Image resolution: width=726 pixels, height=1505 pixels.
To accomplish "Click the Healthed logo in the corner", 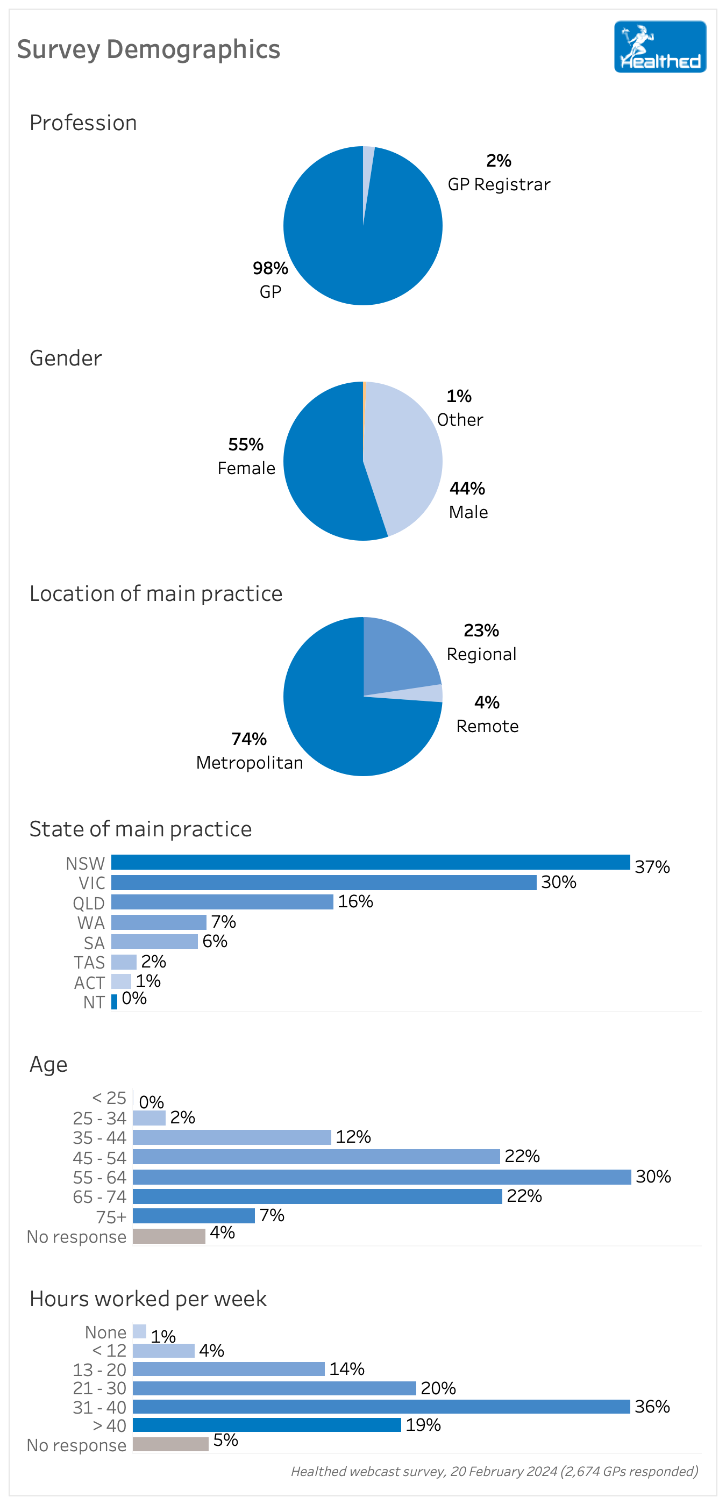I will [x=659, y=47].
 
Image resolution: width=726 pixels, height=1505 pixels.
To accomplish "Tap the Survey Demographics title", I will [x=148, y=49].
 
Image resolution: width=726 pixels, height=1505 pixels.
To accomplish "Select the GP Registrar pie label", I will [x=499, y=184].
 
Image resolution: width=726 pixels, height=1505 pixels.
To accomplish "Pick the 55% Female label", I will [x=246, y=456].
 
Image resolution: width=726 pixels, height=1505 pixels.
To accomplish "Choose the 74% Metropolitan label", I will [x=250, y=751].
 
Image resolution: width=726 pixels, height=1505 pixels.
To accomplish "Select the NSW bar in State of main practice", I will [x=370, y=862].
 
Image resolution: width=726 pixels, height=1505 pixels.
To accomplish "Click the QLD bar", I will [x=222, y=902].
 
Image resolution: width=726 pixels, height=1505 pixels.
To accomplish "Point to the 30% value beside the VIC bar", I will [x=559, y=882].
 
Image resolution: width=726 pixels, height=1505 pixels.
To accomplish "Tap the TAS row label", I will [x=89, y=962].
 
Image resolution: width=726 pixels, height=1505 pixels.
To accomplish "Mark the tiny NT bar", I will [x=114, y=1001].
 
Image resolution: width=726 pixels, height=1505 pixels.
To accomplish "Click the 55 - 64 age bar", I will [x=382, y=1177].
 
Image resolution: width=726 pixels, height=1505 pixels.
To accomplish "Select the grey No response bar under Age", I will [x=169, y=1236].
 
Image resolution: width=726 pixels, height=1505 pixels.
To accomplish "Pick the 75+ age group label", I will [x=112, y=1216].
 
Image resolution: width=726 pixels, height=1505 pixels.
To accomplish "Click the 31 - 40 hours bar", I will [x=381, y=1406].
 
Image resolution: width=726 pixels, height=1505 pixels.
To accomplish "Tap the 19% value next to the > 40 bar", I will [x=423, y=1425].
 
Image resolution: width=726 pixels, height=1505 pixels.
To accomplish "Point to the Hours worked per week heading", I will [x=148, y=1299].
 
